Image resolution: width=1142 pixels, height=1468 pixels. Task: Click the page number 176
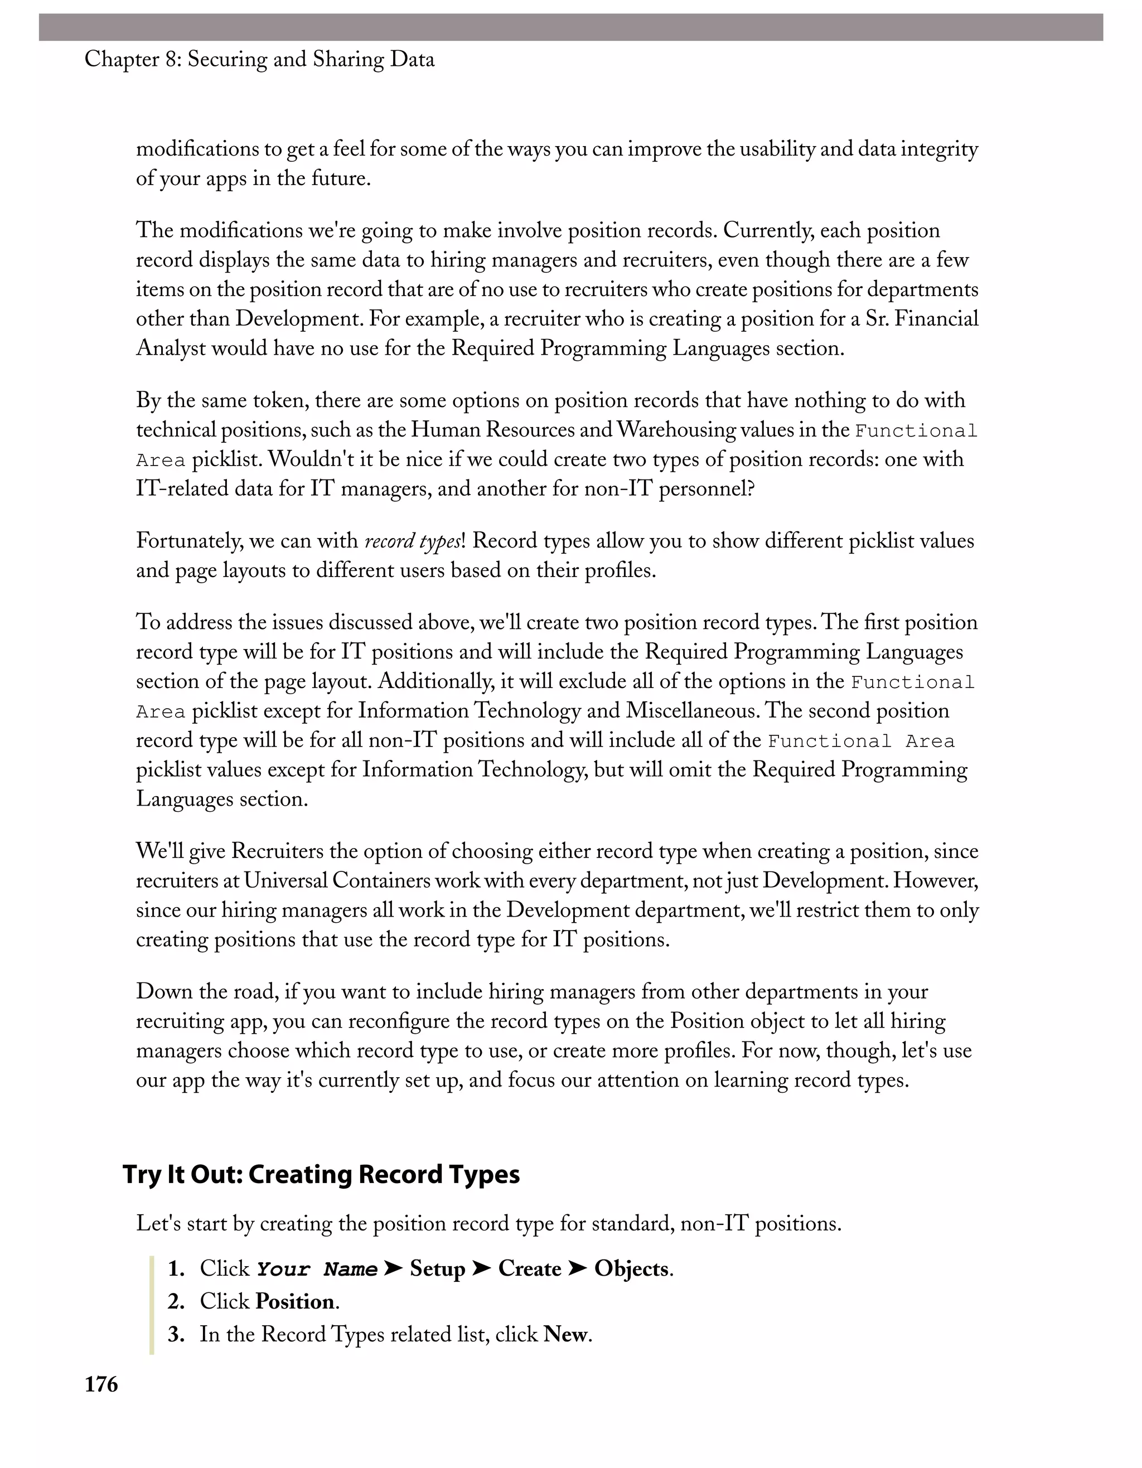click(x=101, y=1385)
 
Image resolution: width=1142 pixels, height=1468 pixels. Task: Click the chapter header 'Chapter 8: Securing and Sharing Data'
click(x=259, y=60)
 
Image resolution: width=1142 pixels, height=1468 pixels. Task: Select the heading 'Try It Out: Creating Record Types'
click(x=321, y=1174)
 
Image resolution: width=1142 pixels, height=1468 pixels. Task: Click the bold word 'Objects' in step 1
click(x=632, y=1268)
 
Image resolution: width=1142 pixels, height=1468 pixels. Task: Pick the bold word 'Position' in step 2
click(x=295, y=1301)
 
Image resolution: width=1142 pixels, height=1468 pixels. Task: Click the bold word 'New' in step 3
click(x=565, y=1334)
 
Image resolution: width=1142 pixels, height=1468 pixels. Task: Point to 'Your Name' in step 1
click(x=317, y=1269)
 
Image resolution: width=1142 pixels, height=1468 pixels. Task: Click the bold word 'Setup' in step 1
click(x=438, y=1268)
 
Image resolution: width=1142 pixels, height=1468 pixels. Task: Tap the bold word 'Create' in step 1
click(x=530, y=1268)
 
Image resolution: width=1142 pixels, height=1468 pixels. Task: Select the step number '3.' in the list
click(x=176, y=1334)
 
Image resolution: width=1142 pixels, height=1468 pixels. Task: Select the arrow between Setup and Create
click(x=481, y=1268)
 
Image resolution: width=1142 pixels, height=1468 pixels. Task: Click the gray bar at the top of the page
click(x=570, y=27)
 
